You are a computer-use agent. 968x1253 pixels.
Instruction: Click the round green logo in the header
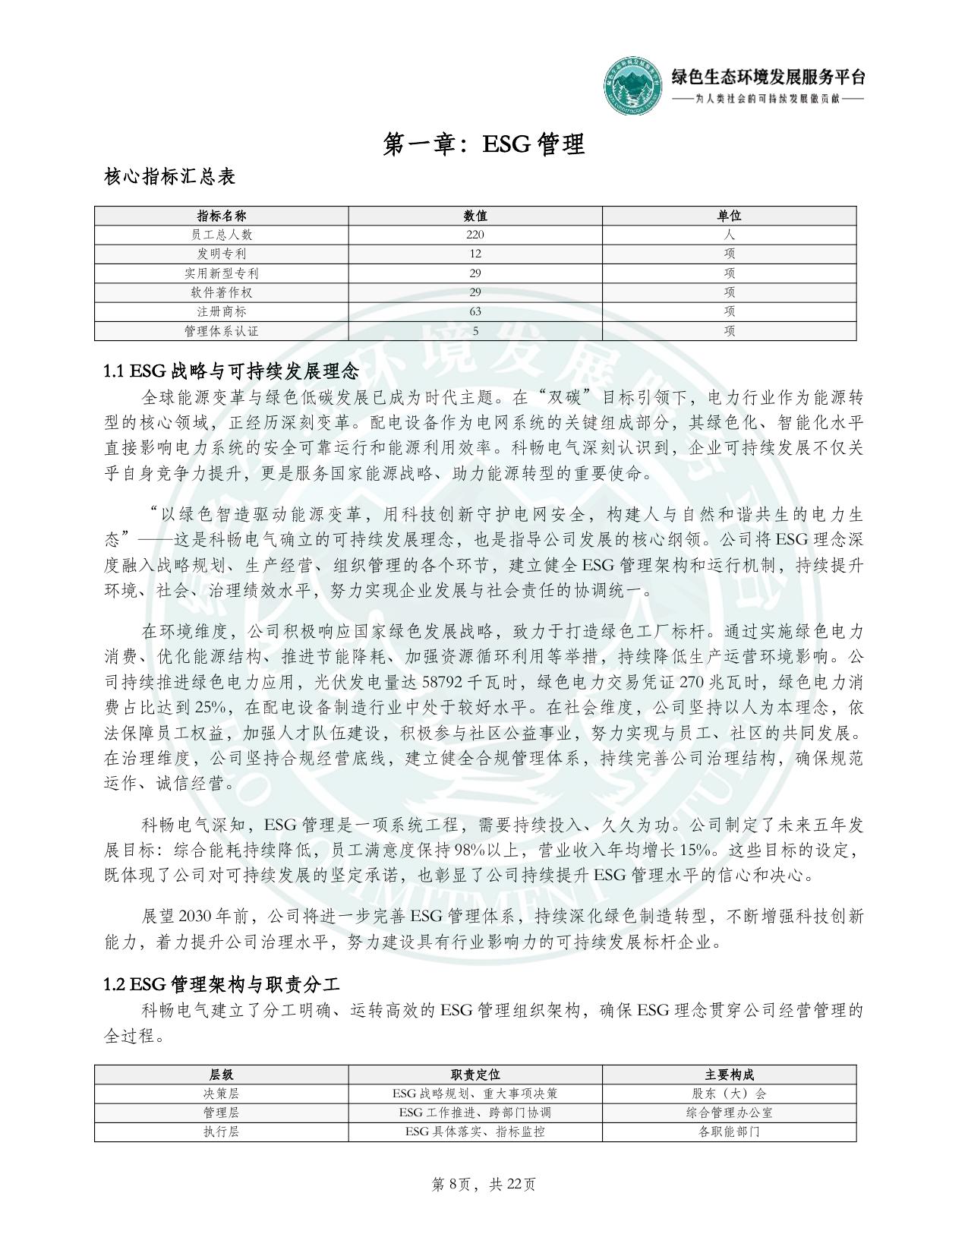pos(634,85)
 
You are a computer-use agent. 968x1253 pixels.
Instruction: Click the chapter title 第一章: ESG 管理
pos(484,144)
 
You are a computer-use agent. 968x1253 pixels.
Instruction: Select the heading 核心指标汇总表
pos(169,177)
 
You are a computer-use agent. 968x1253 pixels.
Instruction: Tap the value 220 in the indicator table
pos(475,235)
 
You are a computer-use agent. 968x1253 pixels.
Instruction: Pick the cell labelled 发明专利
pos(221,254)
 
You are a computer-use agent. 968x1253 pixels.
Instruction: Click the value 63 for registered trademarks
pos(475,311)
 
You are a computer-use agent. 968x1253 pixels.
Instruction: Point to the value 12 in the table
pos(475,254)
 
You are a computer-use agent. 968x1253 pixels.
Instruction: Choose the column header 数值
pos(475,216)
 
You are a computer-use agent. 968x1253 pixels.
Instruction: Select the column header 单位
pos(729,216)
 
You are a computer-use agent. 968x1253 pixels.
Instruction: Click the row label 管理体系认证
pos(221,331)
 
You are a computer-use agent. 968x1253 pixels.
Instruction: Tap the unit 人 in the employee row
pos(729,235)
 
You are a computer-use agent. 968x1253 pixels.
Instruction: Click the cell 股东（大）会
pos(729,1094)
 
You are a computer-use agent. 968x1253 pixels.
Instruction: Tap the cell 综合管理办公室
pos(729,1113)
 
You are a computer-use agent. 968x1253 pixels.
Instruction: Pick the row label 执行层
pos(221,1131)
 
